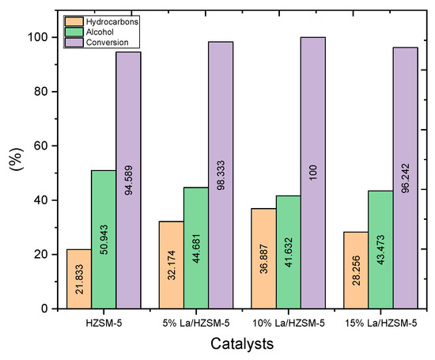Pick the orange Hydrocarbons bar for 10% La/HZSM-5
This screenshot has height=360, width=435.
tap(264, 258)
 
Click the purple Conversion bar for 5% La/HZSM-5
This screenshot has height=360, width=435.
tap(221, 175)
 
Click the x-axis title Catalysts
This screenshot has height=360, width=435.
tap(242, 344)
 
